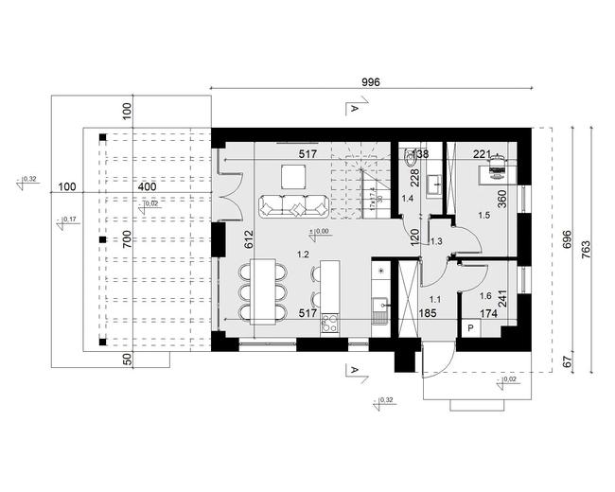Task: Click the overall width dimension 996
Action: [371, 82]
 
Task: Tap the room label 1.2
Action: [303, 254]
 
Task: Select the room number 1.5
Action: [484, 217]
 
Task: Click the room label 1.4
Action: [408, 199]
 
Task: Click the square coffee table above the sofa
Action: [292, 175]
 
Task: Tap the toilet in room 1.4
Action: [409, 161]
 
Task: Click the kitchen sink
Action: [381, 304]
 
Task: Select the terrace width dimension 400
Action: [147, 187]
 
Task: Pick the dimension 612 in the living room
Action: [249, 240]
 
